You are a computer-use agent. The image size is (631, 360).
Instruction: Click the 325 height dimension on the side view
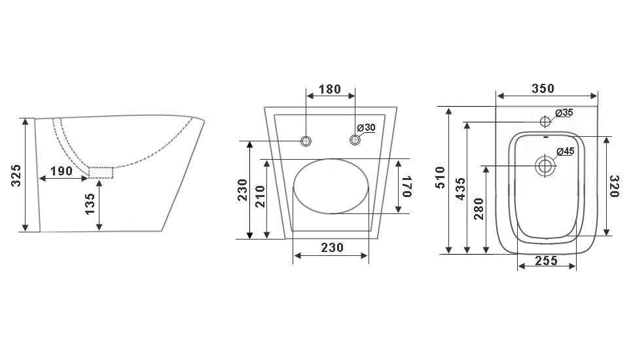coord(15,175)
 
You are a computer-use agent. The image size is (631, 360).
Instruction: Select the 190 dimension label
coord(62,171)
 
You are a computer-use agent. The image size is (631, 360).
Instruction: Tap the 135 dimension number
coord(90,204)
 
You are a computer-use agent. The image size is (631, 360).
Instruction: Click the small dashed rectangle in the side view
coord(101,173)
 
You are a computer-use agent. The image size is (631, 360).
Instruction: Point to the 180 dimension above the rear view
coord(330,89)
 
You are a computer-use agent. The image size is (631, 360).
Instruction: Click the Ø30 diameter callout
coord(366,128)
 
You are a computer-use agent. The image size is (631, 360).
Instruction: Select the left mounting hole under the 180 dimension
coord(306,141)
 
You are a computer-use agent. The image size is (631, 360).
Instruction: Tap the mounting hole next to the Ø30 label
coord(355,140)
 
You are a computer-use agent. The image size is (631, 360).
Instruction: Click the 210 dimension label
coord(261,196)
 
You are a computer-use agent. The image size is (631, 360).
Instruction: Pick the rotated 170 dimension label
coord(406,187)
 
